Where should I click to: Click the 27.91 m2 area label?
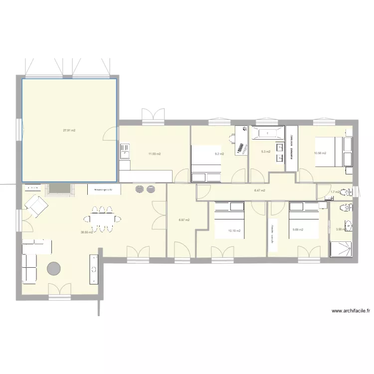(69, 131)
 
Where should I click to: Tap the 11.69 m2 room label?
(154, 154)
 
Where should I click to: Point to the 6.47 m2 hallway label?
(259, 190)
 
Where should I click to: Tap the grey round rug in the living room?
(53, 269)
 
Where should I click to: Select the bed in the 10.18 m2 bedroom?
(229, 221)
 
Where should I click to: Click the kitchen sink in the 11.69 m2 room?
(124, 151)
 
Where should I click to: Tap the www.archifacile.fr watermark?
(351, 311)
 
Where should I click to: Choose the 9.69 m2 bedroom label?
(298, 230)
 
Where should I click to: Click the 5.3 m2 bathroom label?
(265, 152)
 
